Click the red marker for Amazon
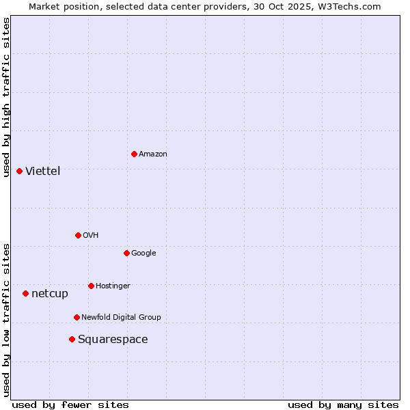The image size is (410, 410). click(x=134, y=154)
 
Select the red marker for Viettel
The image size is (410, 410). click(x=19, y=171)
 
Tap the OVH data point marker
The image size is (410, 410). click(x=78, y=235)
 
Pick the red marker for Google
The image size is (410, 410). click(x=126, y=253)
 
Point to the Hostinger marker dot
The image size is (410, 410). click(x=91, y=286)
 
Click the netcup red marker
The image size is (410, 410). click(x=25, y=293)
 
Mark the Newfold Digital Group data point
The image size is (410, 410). click(x=77, y=317)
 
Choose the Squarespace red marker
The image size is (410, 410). click(x=72, y=339)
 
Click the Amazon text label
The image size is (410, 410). click(x=153, y=154)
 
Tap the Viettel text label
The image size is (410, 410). click(x=43, y=171)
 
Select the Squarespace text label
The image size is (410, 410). click(x=113, y=339)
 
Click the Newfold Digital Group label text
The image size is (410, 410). click(x=121, y=317)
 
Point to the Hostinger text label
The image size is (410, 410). click(x=113, y=286)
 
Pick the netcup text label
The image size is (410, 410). click(x=50, y=293)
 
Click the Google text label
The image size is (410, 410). click(x=143, y=253)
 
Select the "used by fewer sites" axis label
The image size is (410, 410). click(x=70, y=405)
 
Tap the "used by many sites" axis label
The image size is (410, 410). click(x=343, y=405)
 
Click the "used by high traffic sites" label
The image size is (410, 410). click(x=6, y=97)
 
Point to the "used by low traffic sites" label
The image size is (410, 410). click(x=6, y=319)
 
